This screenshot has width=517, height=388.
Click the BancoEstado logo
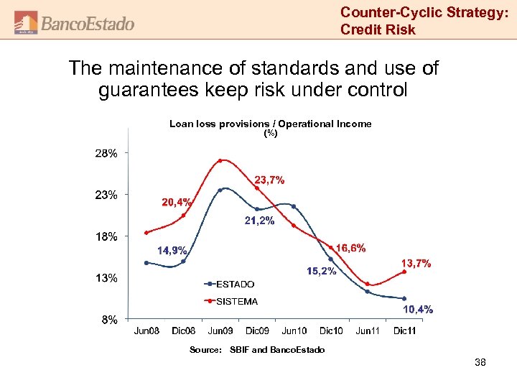coord(75,23)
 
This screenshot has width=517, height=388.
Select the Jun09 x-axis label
coord(220,331)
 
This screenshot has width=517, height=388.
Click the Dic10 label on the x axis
coord(331,331)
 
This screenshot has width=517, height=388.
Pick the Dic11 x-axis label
coord(404,331)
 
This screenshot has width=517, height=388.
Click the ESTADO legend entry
coord(235,284)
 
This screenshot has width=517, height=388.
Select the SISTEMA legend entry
coord(236,301)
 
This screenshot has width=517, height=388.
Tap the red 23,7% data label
coord(270,180)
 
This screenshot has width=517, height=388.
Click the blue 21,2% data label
coord(259,221)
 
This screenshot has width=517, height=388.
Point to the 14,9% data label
coord(172,251)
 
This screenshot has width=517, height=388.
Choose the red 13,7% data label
coord(416,264)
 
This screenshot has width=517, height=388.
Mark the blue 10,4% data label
coord(417,309)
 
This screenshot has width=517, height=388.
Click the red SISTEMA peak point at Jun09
coord(220,160)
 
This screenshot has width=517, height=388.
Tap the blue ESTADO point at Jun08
coord(146,263)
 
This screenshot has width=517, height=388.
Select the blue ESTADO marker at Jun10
coord(294,206)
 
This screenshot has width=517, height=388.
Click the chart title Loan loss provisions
coord(270,124)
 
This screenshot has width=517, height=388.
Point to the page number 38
coord(480,363)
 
